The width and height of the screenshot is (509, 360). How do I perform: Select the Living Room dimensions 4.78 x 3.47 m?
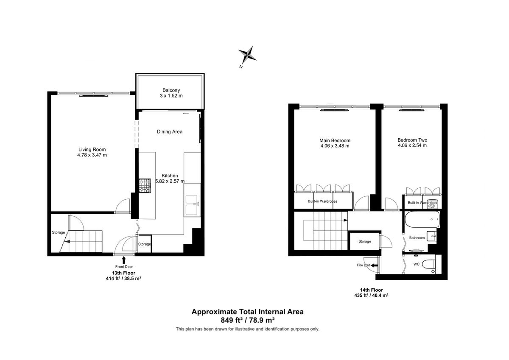point(92,155)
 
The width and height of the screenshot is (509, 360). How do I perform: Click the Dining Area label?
point(169,132)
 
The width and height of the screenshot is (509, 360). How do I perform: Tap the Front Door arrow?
point(123,260)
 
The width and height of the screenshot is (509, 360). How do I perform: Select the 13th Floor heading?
point(123,273)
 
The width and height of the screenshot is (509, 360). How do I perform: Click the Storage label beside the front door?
point(144,244)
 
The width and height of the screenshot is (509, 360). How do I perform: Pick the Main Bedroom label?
point(335,140)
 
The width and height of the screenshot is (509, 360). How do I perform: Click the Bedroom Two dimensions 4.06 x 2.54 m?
point(412,145)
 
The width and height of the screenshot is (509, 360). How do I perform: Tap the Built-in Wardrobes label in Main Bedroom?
point(322,201)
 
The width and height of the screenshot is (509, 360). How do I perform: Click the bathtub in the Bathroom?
point(421,220)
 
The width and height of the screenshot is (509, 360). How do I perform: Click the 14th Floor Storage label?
point(364,241)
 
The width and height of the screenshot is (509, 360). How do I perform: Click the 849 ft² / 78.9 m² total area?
point(247,320)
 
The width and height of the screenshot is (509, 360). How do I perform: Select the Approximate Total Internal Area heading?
point(247,312)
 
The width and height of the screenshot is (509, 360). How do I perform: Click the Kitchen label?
point(170,176)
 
